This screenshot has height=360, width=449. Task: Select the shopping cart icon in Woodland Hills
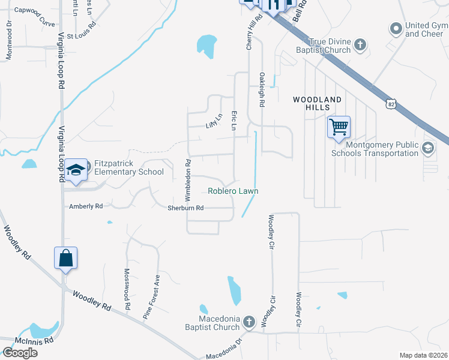[x=339, y=127]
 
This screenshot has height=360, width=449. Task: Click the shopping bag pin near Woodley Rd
[x=66, y=259]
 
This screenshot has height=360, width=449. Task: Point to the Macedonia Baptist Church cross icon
[x=249, y=323]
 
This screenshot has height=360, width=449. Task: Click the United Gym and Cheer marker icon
[x=396, y=28]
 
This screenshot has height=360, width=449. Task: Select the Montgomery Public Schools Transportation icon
[x=428, y=148]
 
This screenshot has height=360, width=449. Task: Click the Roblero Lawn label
[x=233, y=191]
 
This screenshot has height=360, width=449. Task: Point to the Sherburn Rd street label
[x=186, y=208]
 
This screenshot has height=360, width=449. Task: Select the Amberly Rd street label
[x=86, y=206]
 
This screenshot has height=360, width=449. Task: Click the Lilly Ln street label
[x=211, y=123]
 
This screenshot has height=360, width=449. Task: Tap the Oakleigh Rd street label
[x=262, y=90]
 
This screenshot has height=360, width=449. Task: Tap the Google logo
[x=20, y=353]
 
